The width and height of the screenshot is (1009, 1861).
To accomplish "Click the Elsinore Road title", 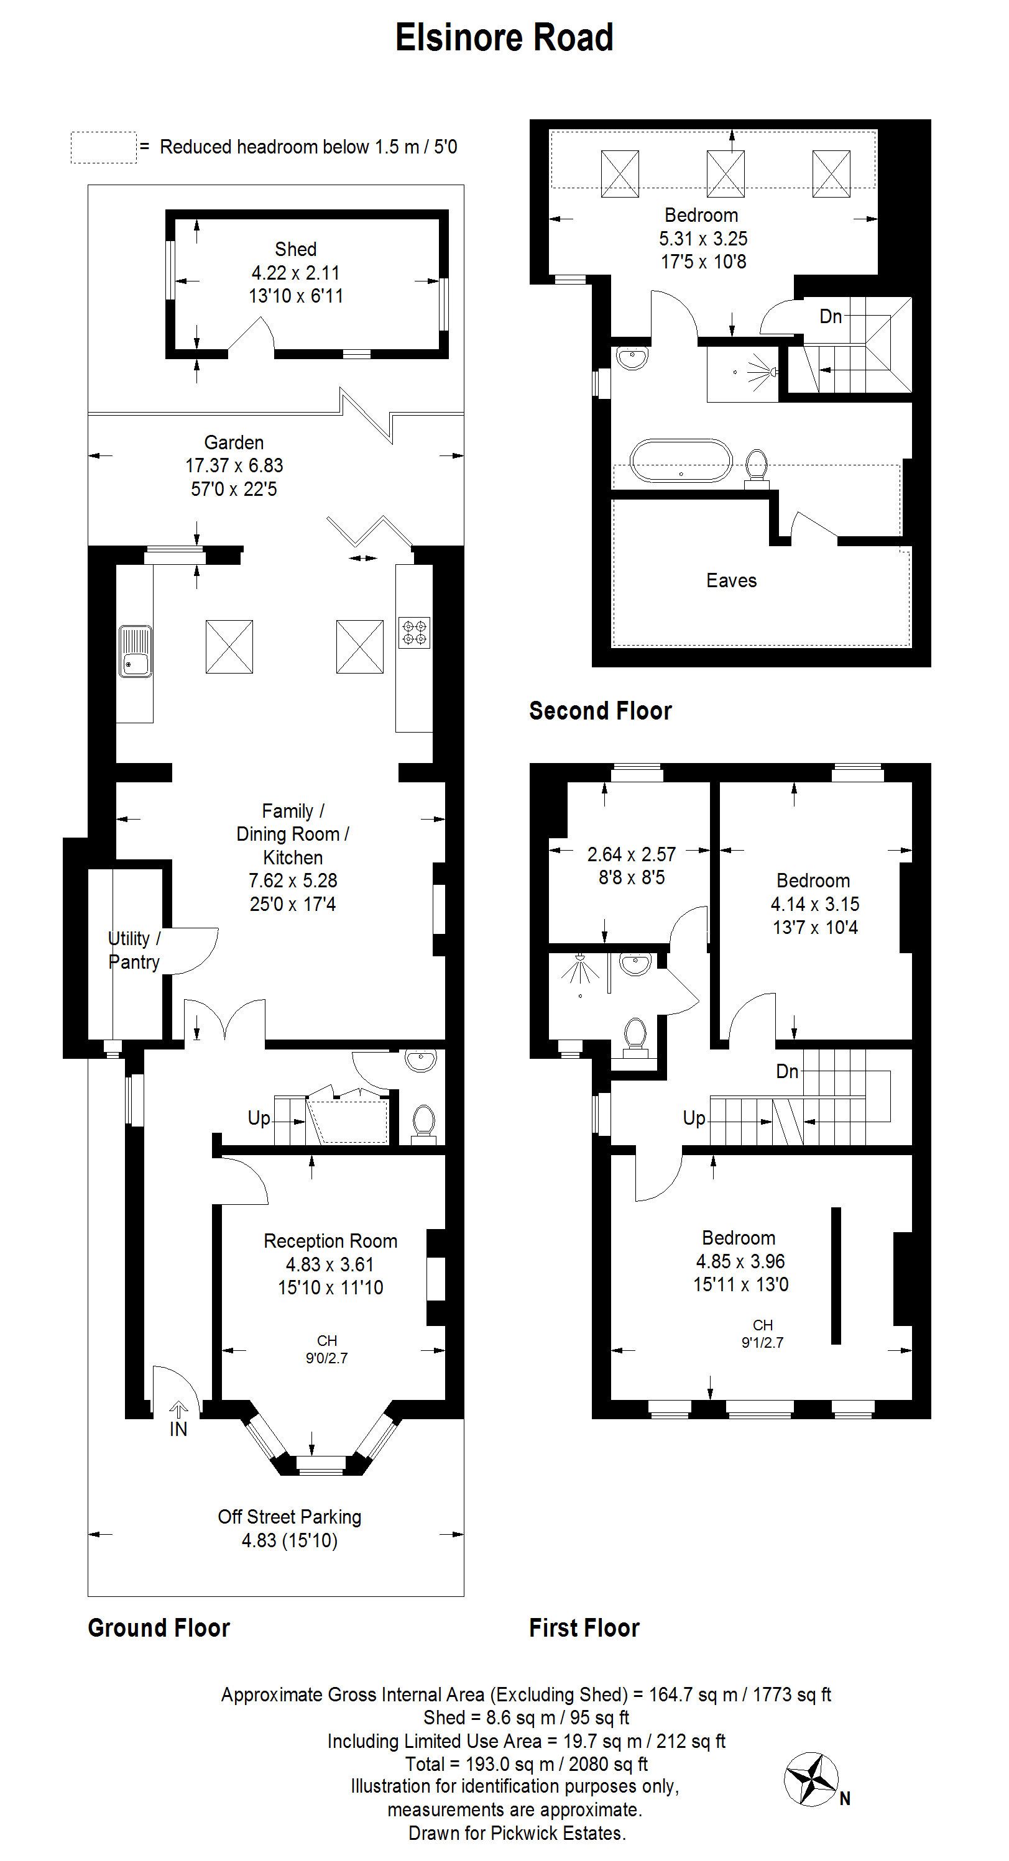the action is pos(505,37).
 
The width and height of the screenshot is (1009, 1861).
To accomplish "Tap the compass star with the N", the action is pos(811,1778).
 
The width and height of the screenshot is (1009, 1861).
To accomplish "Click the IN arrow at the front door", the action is pos(178,1408).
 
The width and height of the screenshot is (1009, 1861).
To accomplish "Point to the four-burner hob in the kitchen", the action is pos(415,632).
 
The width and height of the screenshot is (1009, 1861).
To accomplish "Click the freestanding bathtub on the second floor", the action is pos(681,460).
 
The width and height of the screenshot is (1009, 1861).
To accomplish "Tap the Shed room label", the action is pos(296,249).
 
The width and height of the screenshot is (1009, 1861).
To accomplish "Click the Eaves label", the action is pos(732,581).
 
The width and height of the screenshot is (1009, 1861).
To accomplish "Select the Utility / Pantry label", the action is pos(134,950).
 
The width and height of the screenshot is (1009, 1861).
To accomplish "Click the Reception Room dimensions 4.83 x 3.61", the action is pos(330,1264).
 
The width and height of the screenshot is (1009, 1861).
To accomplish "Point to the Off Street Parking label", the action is pos(290,1517).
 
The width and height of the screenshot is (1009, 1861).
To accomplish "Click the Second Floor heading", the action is pos(601,711).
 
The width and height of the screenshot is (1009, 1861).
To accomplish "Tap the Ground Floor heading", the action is pos(159,1629).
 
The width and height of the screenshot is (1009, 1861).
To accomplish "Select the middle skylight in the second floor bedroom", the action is pos(725,173).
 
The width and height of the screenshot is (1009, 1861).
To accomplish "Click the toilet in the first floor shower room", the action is pos(635,1036).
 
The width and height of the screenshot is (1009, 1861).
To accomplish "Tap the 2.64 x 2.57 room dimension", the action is pos(631,854).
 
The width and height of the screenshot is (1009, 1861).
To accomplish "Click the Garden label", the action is pos(234,442).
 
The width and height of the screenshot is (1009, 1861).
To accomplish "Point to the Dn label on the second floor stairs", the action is pos(831,316).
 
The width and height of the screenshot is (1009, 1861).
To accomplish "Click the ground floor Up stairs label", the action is pos(259,1118).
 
